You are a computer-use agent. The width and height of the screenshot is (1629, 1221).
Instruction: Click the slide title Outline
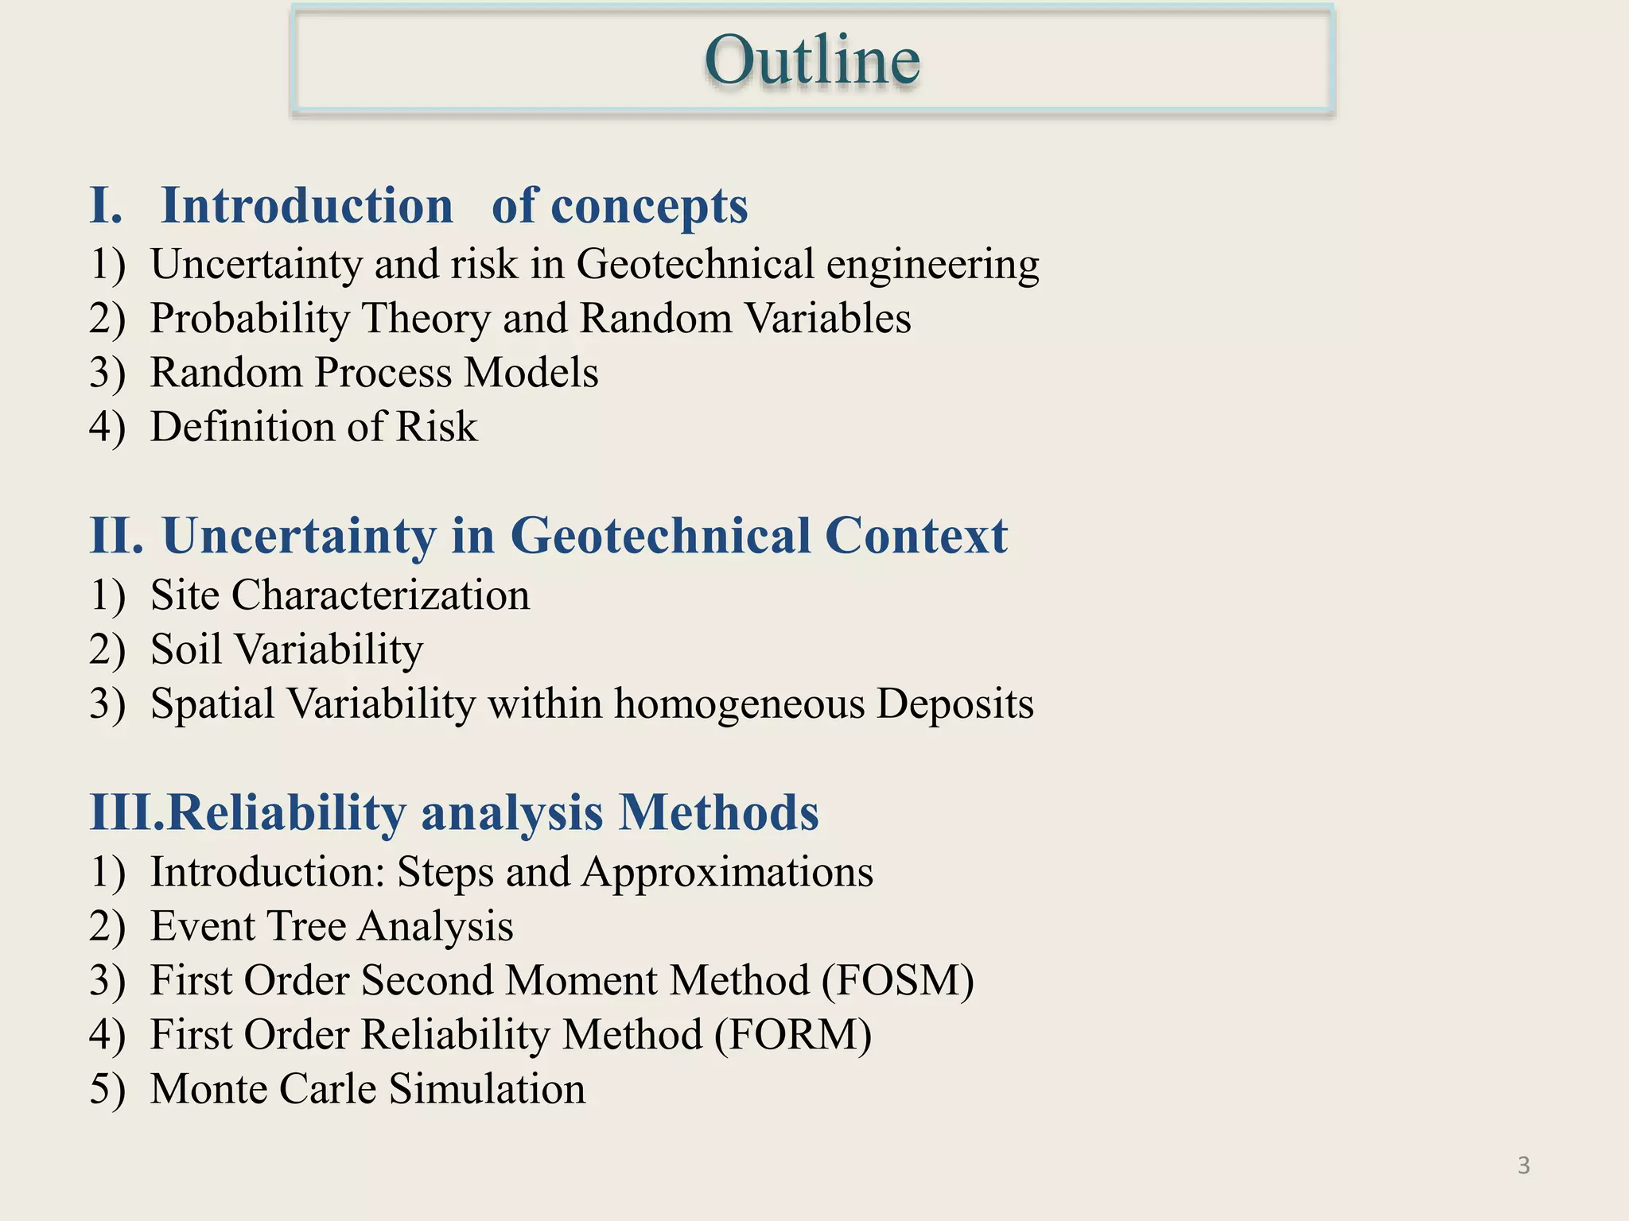(812, 60)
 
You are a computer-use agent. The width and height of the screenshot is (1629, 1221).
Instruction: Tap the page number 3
(1523, 1165)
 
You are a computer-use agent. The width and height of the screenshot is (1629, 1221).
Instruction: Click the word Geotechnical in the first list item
(694, 264)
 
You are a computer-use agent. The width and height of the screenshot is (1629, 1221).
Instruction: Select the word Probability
(250, 319)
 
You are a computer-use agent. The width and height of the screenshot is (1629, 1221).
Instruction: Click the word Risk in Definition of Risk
(436, 427)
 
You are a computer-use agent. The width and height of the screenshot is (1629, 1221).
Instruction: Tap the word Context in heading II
(916, 535)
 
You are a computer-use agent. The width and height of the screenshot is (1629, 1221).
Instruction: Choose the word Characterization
(380, 595)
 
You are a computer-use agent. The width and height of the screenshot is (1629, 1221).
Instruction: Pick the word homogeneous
(739, 704)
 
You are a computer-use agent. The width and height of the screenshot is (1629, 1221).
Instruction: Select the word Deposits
(954, 704)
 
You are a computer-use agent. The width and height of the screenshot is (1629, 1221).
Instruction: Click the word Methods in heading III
(718, 812)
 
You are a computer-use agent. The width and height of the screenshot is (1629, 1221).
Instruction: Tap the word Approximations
(727, 872)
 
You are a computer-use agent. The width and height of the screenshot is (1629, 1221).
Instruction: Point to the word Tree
(306, 926)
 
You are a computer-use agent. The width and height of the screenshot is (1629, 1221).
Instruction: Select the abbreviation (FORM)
(792, 1034)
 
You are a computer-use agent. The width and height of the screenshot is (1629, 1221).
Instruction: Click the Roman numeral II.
(116, 535)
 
